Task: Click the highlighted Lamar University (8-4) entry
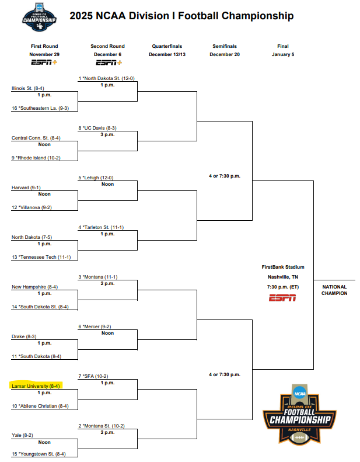pos(36,385)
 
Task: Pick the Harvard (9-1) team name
pos(26,187)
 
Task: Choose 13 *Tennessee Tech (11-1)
pos(42,257)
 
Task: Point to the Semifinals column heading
pos(225,46)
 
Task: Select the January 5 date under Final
pos(282,54)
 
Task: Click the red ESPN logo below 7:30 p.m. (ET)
pos(282,298)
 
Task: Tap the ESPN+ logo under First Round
pos(44,62)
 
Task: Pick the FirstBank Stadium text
pos(282,267)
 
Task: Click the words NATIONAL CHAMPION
pos(334,290)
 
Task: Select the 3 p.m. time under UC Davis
pos(107,134)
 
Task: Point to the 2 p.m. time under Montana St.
pos(107,432)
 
